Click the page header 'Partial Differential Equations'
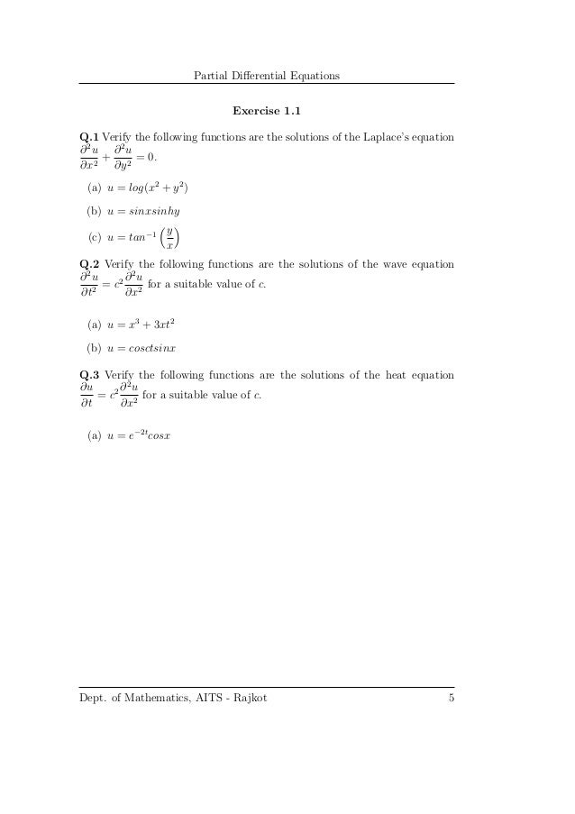coord(267,75)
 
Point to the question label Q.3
coord(89,374)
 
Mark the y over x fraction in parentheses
coord(170,238)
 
